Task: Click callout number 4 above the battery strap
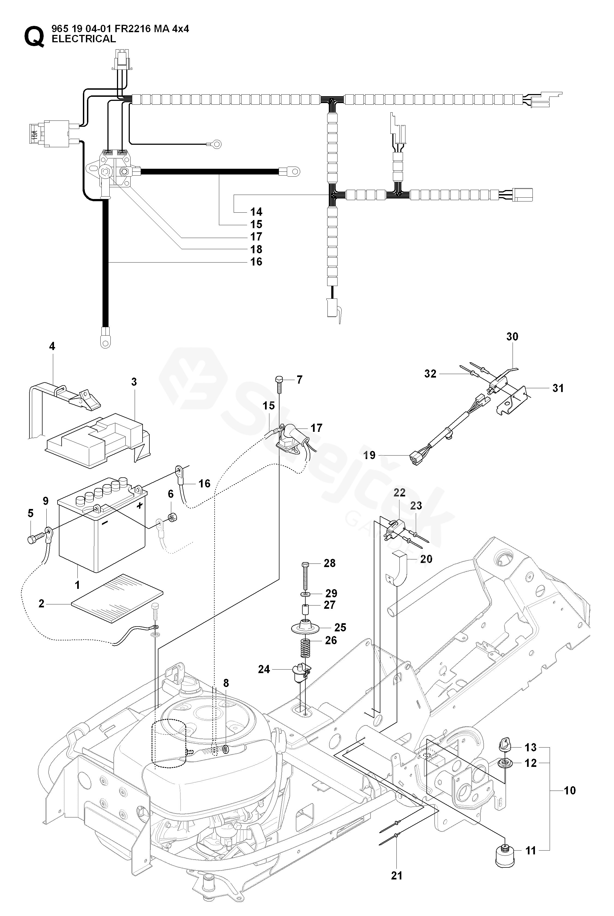[x=52, y=346]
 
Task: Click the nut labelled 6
[x=171, y=518]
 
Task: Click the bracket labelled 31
[x=513, y=399]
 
